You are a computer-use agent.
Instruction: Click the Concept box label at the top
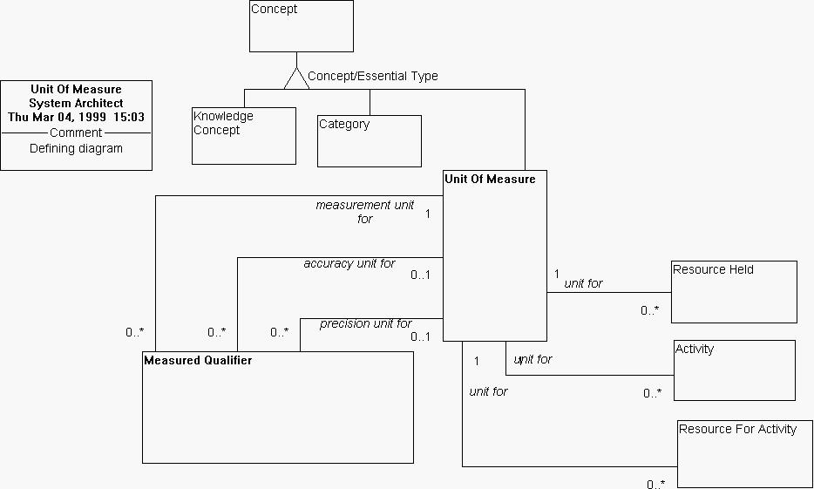(274, 10)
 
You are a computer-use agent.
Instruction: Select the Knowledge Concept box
(243, 135)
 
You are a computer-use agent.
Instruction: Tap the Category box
(369, 140)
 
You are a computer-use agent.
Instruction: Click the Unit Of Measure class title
(490, 180)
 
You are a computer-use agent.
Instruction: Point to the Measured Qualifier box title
(198, 360)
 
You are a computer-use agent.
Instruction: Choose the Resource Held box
(734, 291)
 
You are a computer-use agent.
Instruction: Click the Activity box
(734, 370)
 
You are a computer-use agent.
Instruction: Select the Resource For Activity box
(744, 453)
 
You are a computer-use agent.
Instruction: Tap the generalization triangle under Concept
(297, 79)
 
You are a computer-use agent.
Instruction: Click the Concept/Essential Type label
(372, 76)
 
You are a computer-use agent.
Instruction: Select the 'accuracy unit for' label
(349, 263)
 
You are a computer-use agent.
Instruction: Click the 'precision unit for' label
(366, 323)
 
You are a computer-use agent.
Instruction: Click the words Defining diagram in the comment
(76, 148)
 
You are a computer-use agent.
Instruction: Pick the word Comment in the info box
(76, 132)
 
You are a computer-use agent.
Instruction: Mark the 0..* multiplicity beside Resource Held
(650, 310)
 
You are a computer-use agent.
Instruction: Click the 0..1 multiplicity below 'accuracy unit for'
(421, 275)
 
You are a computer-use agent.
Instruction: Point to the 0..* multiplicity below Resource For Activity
(655, 484)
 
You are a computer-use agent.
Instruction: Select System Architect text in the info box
(76, 103)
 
